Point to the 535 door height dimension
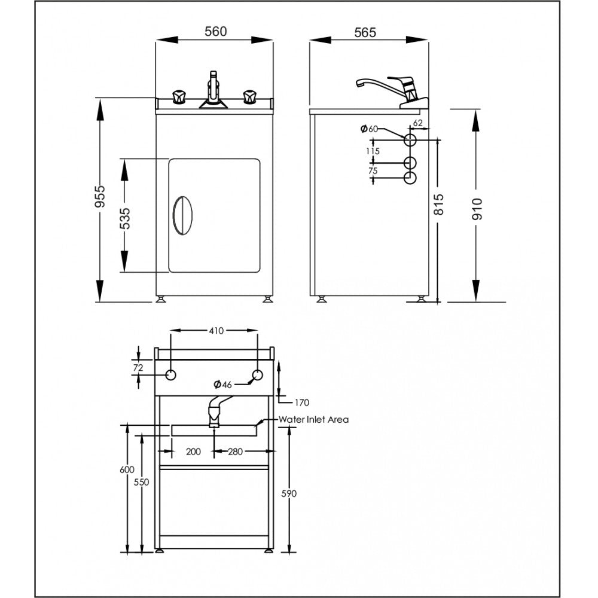(124, 219)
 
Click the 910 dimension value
(477, 207)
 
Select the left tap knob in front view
(179, 97)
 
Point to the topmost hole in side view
(411, 140)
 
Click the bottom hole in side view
(411, 178)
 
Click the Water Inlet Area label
(313, 420)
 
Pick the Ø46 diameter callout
(223, 383)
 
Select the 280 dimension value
(235, 451)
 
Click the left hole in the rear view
(170, 375)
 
